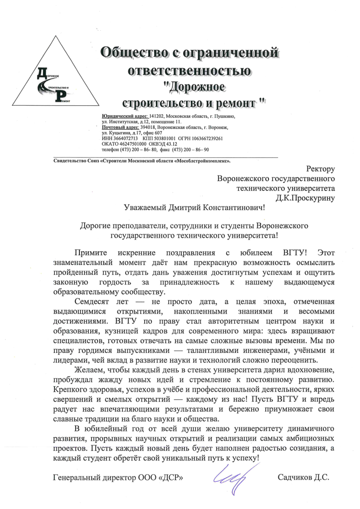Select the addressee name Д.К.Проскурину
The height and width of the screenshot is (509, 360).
[305, 197]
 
